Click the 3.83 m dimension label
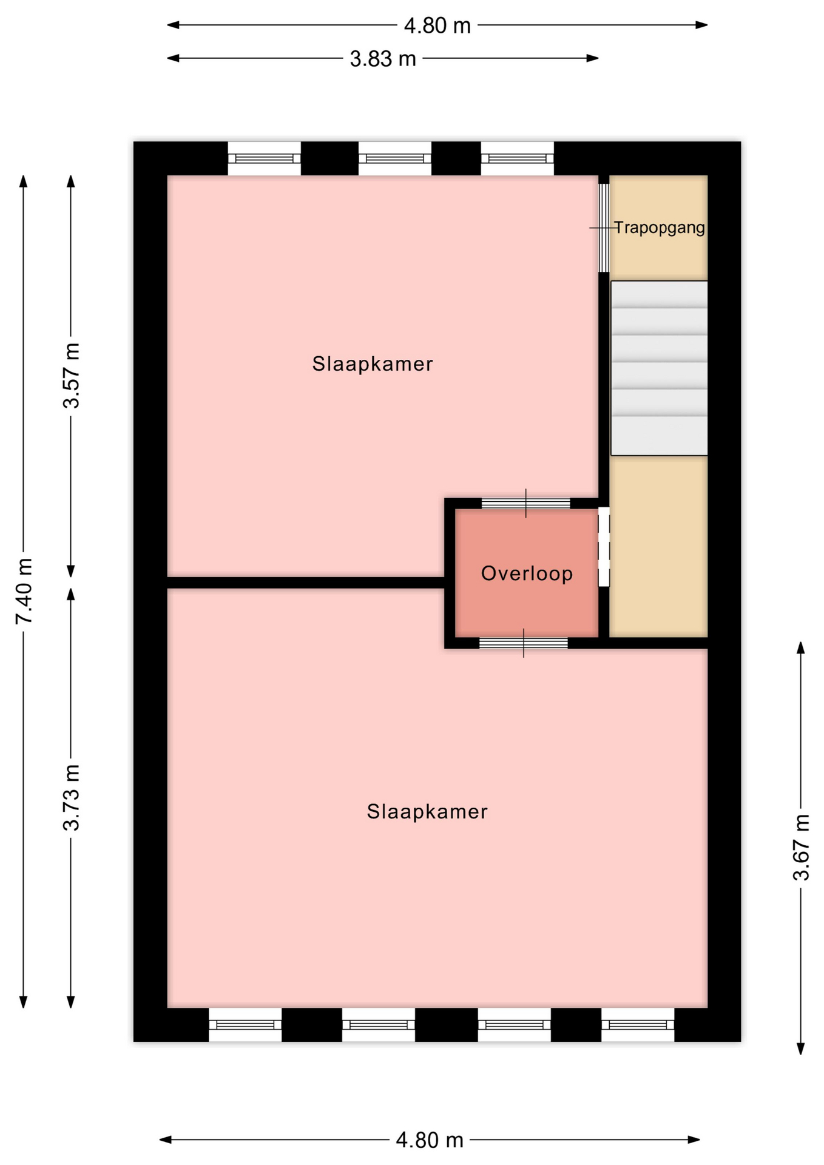[x=383, y=59]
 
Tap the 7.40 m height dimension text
[x=25, y=591]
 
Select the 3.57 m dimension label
[x=72, y=376]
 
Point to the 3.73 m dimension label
[x=72, y=797]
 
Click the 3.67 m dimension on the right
[x=802, y=848]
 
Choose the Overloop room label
[x=527, y=573]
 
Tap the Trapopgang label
[x=660, y=228]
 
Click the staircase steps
[x=659, y=368]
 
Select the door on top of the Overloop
[x=526, y=503]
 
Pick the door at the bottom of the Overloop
[x=524, y=643]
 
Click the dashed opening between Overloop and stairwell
[x=604, y=547]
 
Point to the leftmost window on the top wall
[x=264, y=158]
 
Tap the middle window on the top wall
[x=395, y=158]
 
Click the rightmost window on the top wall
[x=518, y=158]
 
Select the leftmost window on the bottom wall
[x=245, y=1025]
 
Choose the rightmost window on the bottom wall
[x=638, y=1025]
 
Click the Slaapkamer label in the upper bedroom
[x=373, y=364]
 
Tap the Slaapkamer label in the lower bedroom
[x=427, y=812]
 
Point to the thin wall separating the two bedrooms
[x=306, y=582]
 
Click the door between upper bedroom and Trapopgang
[x=604, y=228]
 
